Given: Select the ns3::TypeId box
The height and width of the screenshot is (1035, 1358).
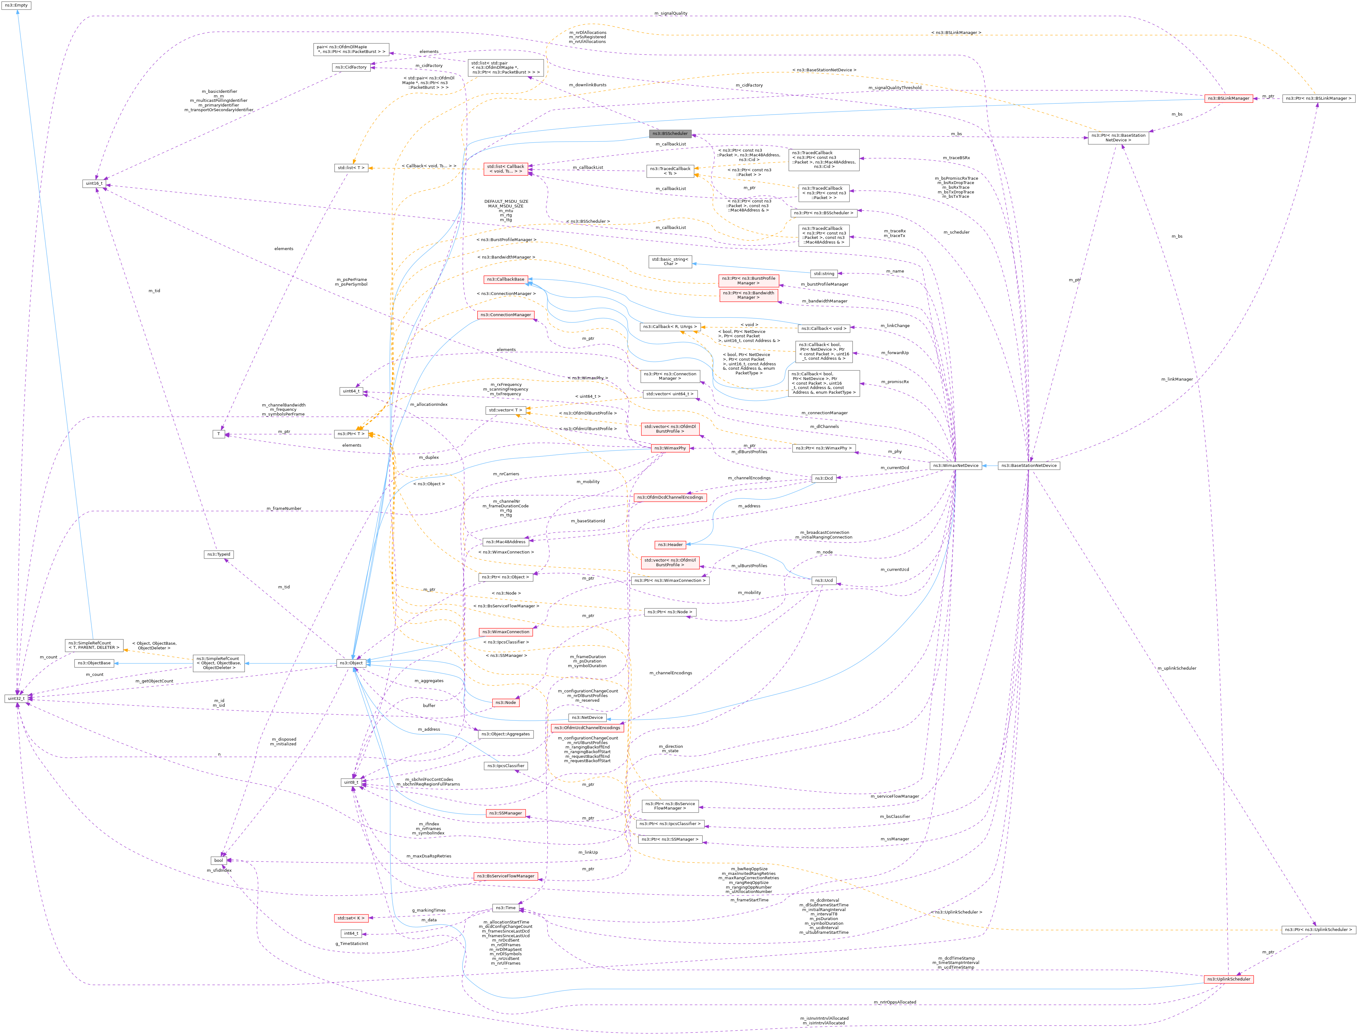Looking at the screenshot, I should (x=219, y=554).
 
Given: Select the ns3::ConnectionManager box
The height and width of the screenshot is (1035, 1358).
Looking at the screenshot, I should (x=505, y=315).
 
